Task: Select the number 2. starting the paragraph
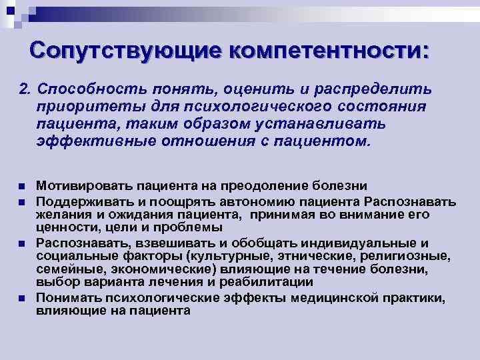click(25, 89)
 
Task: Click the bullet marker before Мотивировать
click(21, 185)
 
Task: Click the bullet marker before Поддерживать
click(21, 201)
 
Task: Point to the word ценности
click(59, 226)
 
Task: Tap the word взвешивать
click(151, 242)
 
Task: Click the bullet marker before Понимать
click(21, 298)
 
